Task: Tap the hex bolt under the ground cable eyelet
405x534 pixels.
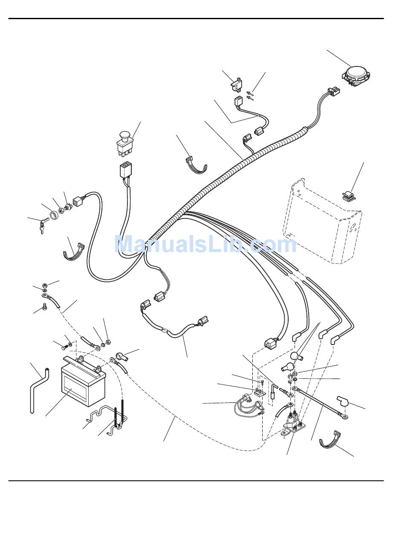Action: tap(44, 305)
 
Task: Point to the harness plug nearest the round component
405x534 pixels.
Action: tap(333, 92)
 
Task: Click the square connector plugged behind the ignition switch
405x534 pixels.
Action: tap(78, 200)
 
